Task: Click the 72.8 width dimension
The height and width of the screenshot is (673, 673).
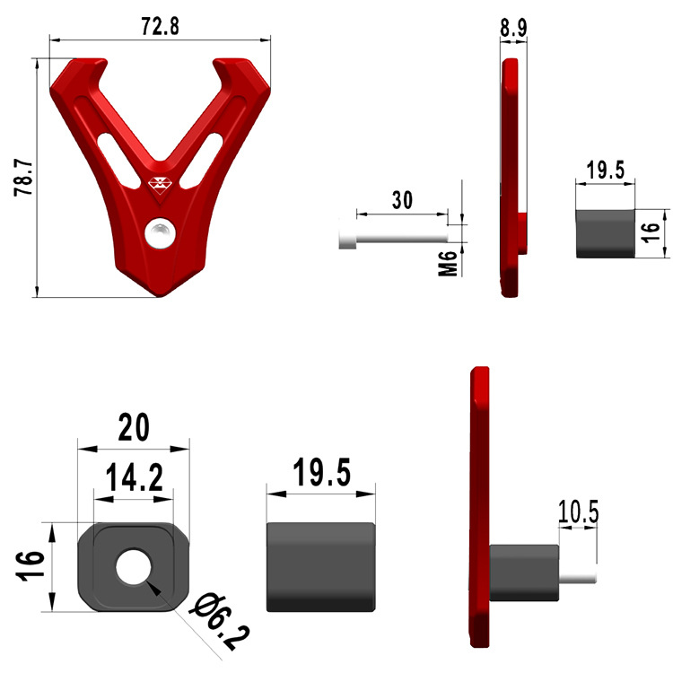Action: (x=160, y=26)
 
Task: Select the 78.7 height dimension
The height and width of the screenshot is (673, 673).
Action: (x=23, y=179)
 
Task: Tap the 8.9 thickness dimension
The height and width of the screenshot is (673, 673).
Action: (x=513, y=28)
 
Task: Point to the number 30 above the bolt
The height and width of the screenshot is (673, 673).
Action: (x=402, y=200)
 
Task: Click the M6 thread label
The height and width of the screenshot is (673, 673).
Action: (x=448, y=263)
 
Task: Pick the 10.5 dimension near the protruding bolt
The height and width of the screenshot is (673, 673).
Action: (x=578, y=511)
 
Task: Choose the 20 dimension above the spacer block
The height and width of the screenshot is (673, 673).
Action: (x=134, y=427)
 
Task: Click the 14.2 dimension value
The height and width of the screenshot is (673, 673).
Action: (x=135, y=476)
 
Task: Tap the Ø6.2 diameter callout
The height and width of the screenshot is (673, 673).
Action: (x=221, y=621)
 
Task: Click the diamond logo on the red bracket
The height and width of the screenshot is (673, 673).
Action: (x=160, y=183)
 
